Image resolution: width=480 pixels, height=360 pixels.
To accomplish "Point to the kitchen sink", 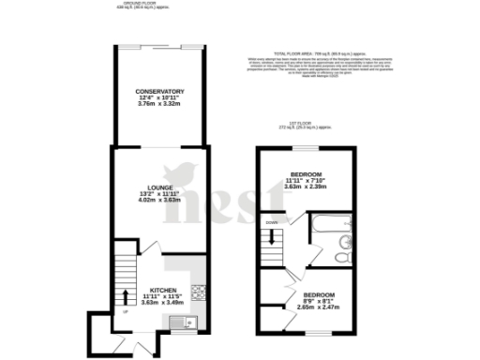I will point(178,322).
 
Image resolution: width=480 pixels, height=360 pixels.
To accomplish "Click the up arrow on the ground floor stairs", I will point(127,299).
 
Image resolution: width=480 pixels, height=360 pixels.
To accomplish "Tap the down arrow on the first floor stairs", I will point(271,239).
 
